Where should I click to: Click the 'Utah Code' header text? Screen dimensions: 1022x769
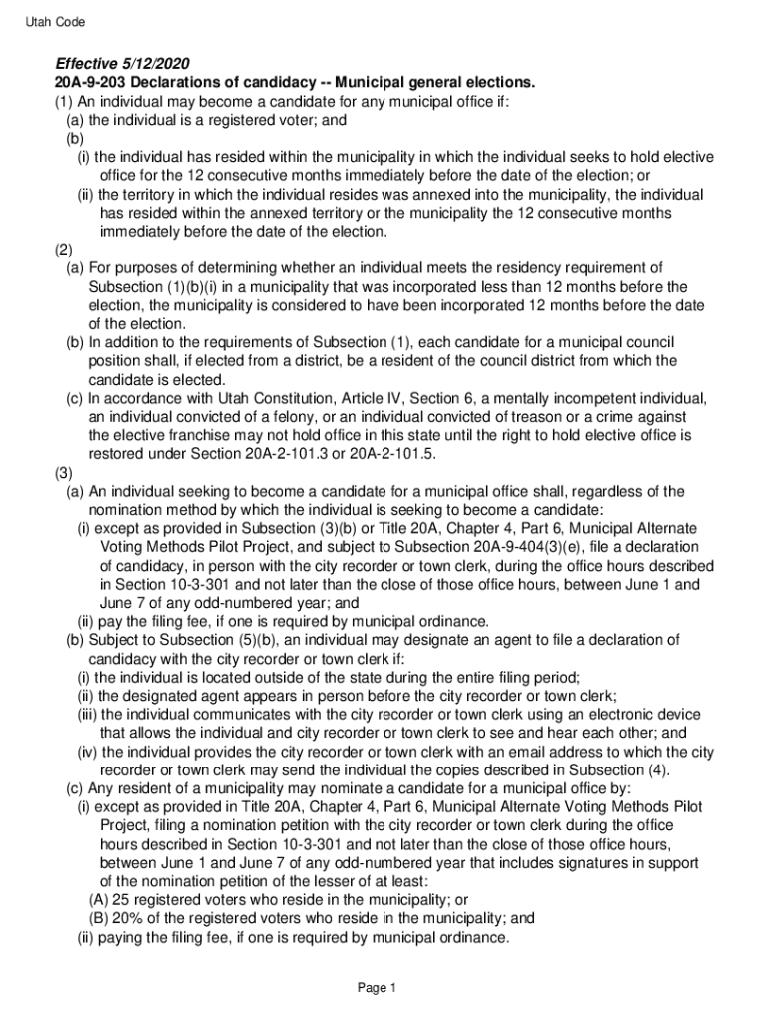pyautogui.click(x=56, y=21)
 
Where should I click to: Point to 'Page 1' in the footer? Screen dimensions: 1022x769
pyautogui.click(x=379, y=988)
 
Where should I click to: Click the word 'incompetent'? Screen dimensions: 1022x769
pyautogui.click(x=576, y=398)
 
